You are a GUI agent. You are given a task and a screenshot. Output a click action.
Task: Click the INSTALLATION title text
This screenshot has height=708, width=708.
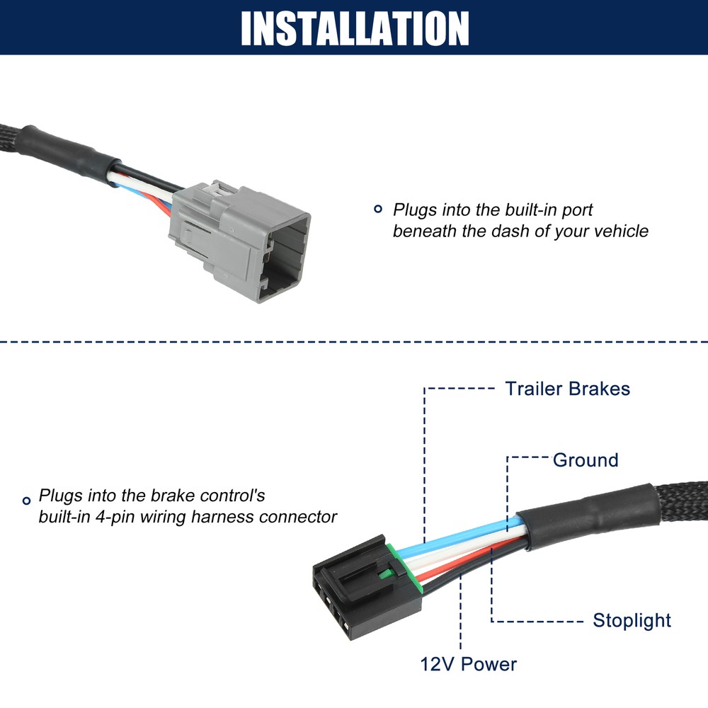click(x=354, y=28)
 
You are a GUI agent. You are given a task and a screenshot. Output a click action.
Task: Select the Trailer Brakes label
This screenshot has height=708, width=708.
click(x=566, y=389)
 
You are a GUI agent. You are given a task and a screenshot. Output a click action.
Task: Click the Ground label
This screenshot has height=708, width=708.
click(x=586, y=460)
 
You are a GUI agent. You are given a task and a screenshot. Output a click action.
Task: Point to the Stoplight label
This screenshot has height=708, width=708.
click(x=632, y=621)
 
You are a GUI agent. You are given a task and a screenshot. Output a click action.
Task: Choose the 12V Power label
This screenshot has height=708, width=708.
click(x=468, y=664)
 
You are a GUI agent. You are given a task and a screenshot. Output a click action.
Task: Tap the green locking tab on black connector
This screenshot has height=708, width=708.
click(x=387, y=566)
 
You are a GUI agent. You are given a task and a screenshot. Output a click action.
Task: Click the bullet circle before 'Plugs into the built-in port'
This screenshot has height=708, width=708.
click(x=377, y=209)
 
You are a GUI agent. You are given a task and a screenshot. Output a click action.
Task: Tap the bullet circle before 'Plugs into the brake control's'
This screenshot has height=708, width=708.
click(x=27, y=499)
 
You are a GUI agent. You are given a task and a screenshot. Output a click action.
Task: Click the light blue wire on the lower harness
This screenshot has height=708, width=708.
click(x=460, y=536)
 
